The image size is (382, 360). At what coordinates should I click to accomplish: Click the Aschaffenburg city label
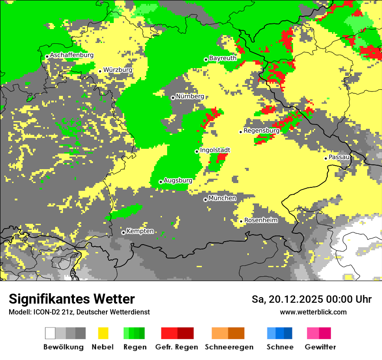72,55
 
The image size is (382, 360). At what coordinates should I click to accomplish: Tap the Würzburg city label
118,69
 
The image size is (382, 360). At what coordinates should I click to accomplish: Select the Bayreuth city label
223,58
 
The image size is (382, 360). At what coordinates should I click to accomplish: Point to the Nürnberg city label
190,96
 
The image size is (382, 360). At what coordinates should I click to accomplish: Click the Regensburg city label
261,130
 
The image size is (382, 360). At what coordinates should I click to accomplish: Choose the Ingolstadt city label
215,150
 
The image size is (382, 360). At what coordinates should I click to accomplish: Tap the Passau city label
339,157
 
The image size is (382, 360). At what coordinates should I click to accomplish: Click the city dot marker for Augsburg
161,182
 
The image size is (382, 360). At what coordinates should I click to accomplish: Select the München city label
222,198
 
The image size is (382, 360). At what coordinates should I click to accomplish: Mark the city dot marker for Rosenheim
241,221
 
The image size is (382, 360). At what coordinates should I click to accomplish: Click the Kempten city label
140,231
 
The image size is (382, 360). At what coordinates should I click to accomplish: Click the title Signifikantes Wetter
72,299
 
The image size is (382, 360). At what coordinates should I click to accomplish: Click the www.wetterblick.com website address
313,312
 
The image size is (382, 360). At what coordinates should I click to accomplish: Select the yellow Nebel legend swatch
103,333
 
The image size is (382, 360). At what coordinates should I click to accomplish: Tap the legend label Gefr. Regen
176,347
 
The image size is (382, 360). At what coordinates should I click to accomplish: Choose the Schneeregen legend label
229,347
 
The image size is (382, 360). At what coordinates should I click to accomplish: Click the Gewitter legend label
320,347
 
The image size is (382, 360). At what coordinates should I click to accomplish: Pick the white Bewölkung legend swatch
50,333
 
